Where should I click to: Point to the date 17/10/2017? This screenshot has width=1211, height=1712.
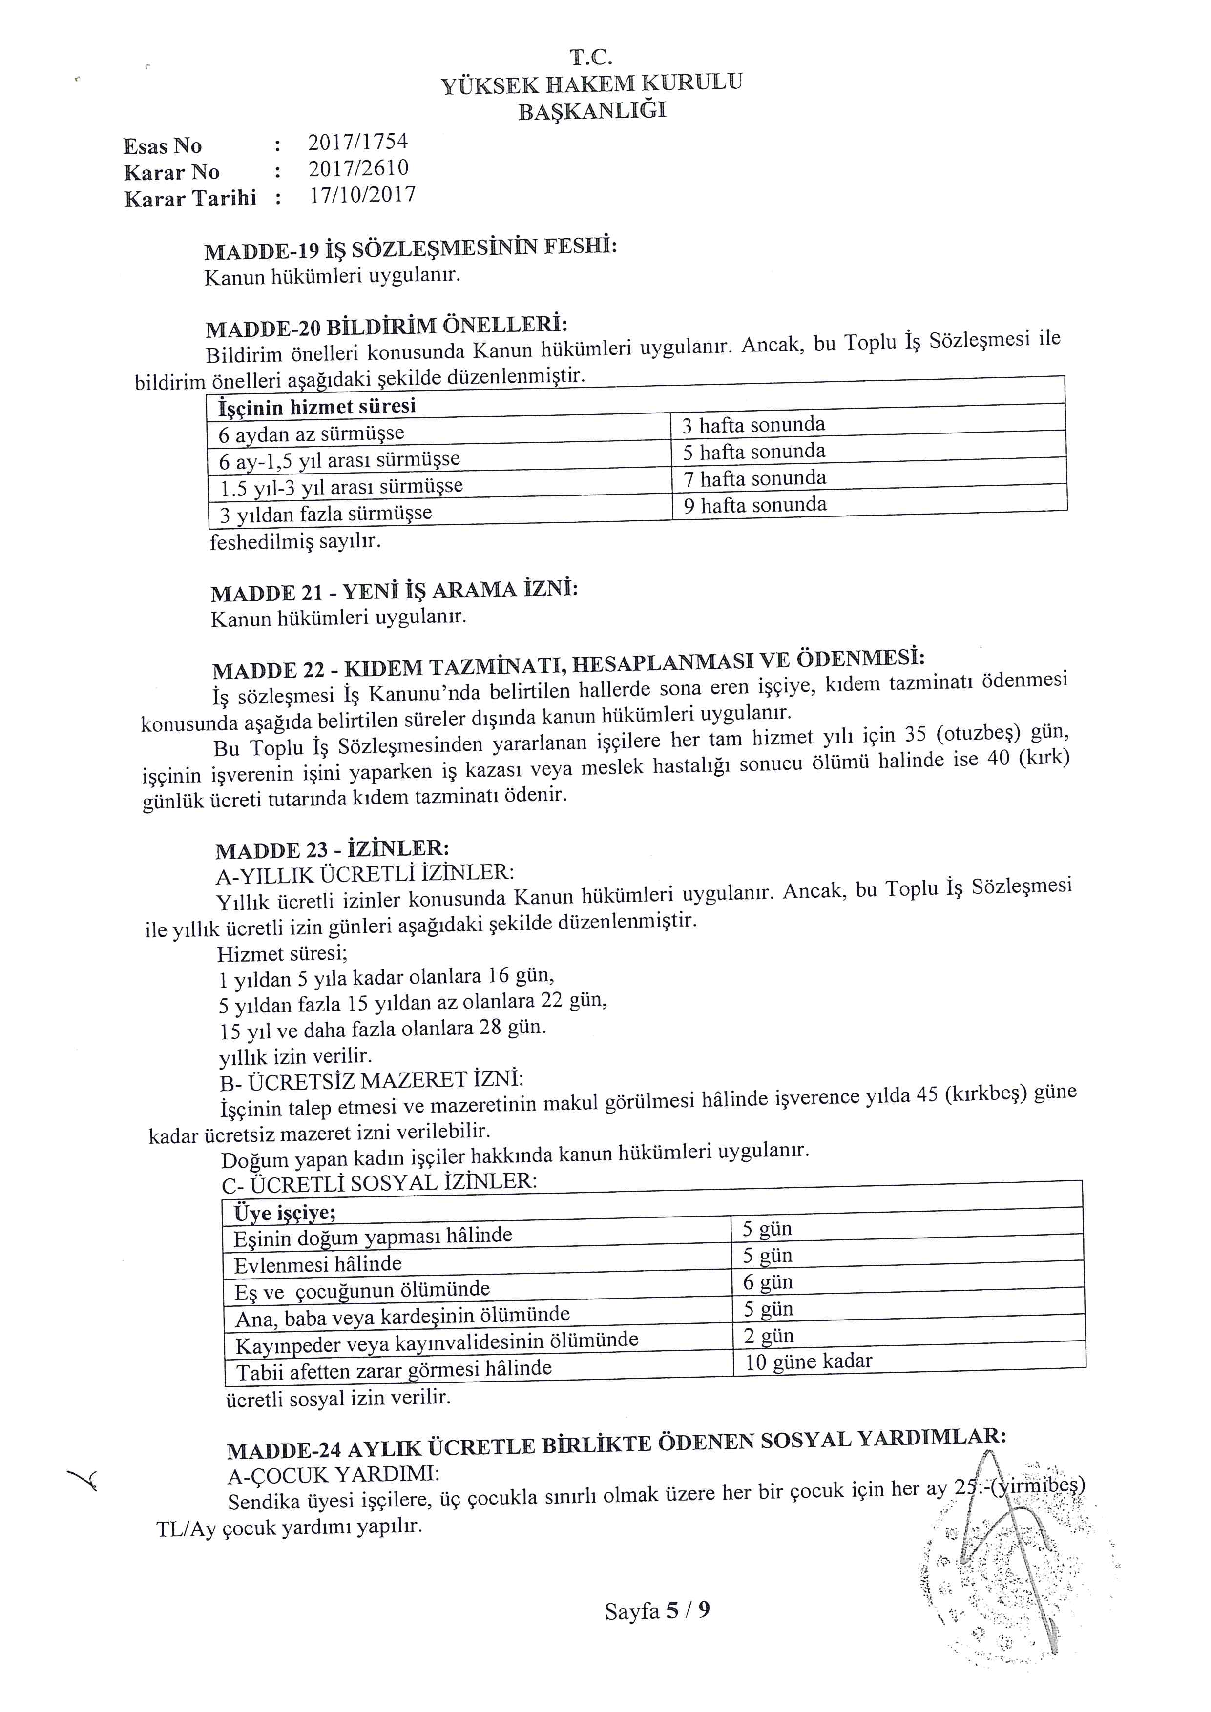point(362,195)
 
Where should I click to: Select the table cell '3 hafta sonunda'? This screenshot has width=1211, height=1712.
point(753,425)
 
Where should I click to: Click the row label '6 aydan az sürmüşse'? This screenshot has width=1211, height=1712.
point(312,434)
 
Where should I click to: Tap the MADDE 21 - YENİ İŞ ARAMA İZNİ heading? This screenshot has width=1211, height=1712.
point(395,591)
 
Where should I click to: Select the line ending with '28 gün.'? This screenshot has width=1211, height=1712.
point(382,1030)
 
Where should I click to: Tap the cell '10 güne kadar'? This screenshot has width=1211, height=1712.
point(808,1361)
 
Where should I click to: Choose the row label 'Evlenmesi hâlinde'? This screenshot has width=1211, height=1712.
point(318,1265)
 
